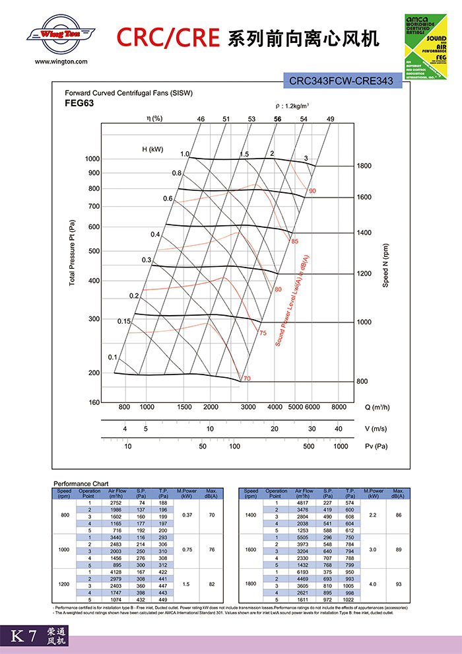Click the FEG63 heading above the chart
79,104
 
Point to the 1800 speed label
364,166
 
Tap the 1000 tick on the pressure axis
92,159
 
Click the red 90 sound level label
312,191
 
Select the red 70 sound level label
247,379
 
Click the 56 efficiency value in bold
278,119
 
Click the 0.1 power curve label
112,357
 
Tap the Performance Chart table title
76,484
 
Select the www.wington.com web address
60,61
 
